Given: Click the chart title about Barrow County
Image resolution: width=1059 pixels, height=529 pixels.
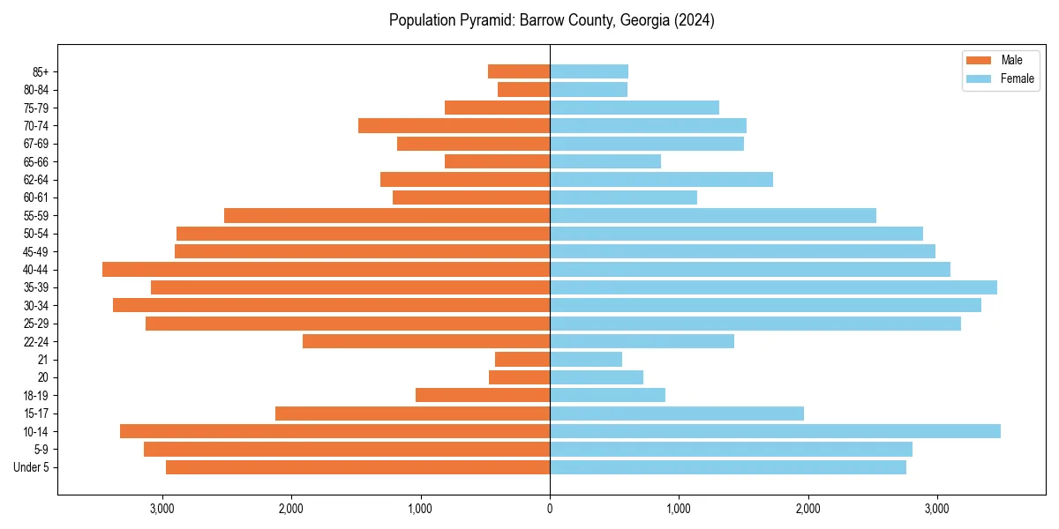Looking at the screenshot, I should click(x=552, y=20).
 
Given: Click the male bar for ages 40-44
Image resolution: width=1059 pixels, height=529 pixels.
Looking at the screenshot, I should click(x=326, y=270).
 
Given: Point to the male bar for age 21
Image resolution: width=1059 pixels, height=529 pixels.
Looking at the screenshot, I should click(x=522, y=360).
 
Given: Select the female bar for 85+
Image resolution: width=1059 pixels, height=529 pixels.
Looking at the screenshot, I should click(x=589, y=71).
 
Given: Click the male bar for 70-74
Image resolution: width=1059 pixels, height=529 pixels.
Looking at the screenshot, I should click(x=454, y=125).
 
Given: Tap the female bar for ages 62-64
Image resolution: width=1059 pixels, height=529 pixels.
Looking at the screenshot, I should click(x=661, y=180).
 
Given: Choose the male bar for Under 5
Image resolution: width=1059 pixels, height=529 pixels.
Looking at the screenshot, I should click(x=357, y=467).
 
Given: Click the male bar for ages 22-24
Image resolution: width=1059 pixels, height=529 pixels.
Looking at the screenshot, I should click(x=426, y=341).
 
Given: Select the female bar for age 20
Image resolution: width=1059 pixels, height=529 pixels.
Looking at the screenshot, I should click(x=597, y=377).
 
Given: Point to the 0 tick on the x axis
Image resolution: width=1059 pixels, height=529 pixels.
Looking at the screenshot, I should click(x=550, y=509).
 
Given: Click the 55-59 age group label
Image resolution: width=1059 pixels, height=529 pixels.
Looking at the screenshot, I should click(x=36, y=216).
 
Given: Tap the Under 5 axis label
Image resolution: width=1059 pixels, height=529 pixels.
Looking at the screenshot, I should click(x=32, y=467).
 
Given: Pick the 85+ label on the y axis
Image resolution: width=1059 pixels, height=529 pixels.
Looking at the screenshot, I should click(x=40, y=71).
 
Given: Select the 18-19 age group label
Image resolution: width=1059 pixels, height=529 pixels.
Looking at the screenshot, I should click(x=36, y=396).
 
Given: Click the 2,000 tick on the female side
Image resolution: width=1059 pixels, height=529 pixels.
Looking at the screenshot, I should click(x=807, y=509).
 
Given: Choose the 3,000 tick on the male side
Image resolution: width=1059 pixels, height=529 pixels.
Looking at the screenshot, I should click(x=162, y=509).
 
